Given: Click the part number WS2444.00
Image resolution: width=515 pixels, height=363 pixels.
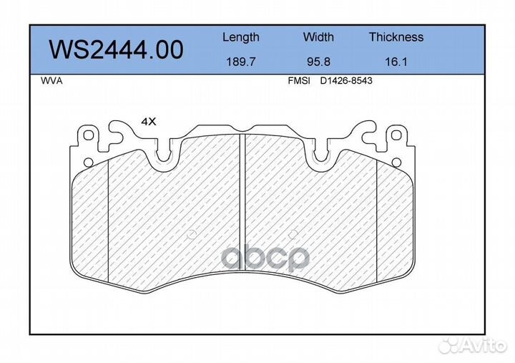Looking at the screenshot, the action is (116, 50).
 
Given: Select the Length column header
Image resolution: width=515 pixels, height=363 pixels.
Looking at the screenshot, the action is (241, 37).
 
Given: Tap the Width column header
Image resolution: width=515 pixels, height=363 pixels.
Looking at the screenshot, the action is (318, 37).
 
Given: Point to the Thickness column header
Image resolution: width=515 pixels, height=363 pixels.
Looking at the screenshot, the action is (396, 37).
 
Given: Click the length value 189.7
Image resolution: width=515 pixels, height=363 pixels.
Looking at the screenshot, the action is (241, 62).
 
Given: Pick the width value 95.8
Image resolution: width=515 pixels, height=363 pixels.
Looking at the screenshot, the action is (318, 62).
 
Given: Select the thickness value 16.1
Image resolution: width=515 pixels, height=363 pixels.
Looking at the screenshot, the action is (396, 62).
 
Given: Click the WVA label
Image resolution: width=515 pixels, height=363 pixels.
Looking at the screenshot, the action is (51, 81).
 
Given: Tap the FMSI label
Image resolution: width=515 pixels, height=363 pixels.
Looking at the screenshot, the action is (299, 81).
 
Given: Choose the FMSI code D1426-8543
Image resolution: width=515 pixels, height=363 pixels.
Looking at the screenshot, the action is (346, 81).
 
